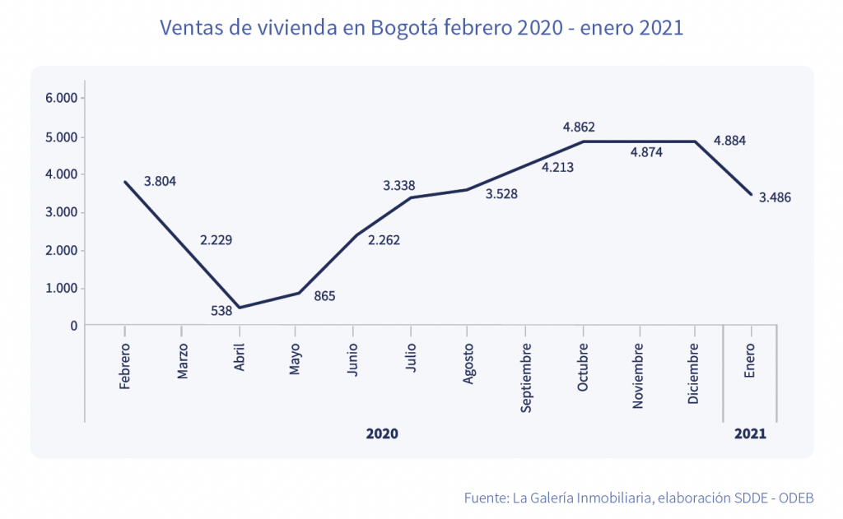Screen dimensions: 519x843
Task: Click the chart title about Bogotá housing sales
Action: [x=421, y=28]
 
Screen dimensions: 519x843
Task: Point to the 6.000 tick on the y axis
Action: [x=62, y=99]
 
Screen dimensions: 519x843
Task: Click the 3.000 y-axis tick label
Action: [x=62, y=212]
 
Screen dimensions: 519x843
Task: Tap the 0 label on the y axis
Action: [x=74, y=326]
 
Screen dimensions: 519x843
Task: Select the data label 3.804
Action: [x=160, y=181]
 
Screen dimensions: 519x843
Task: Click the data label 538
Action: [x=221, y=311]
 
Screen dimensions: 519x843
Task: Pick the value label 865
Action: [x=324, y=296]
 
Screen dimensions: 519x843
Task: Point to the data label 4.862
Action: [x=579, y=127]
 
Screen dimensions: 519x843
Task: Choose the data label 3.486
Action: [x=775, y=197]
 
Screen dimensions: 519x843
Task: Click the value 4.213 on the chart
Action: [x=557, y=168]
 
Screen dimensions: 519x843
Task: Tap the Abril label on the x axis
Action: [x=240, y=358]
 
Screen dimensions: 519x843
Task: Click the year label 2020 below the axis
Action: [x=382, y=433]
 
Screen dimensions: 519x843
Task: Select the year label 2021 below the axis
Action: [x=750, y=433]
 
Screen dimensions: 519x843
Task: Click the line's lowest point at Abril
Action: [x=240, y=308]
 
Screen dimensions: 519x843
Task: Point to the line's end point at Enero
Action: [x=750, y=194]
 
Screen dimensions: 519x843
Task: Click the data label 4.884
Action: [x=730, y=141]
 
